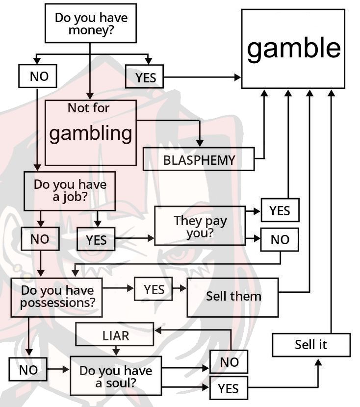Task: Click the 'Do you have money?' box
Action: (90, 24)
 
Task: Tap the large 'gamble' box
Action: (293, 49)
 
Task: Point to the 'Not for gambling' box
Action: (90, 132)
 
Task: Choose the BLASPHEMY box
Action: (199, 160)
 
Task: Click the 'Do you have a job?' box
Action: (70, 191)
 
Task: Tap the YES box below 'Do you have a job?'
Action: (96, 239)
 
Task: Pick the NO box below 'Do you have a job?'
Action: (40, 239)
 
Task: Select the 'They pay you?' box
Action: (200, 226)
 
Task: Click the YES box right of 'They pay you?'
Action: (280, 210)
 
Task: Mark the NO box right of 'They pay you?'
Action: (280, 239)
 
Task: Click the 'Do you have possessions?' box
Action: (57, 297)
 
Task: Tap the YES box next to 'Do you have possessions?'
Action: (154, 289)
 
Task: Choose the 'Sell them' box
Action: (232, 297)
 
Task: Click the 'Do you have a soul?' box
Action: (116, 376)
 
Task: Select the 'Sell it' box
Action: (311, 344)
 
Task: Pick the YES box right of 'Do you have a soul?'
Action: (229, 389)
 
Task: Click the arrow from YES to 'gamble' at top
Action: (202, 77)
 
